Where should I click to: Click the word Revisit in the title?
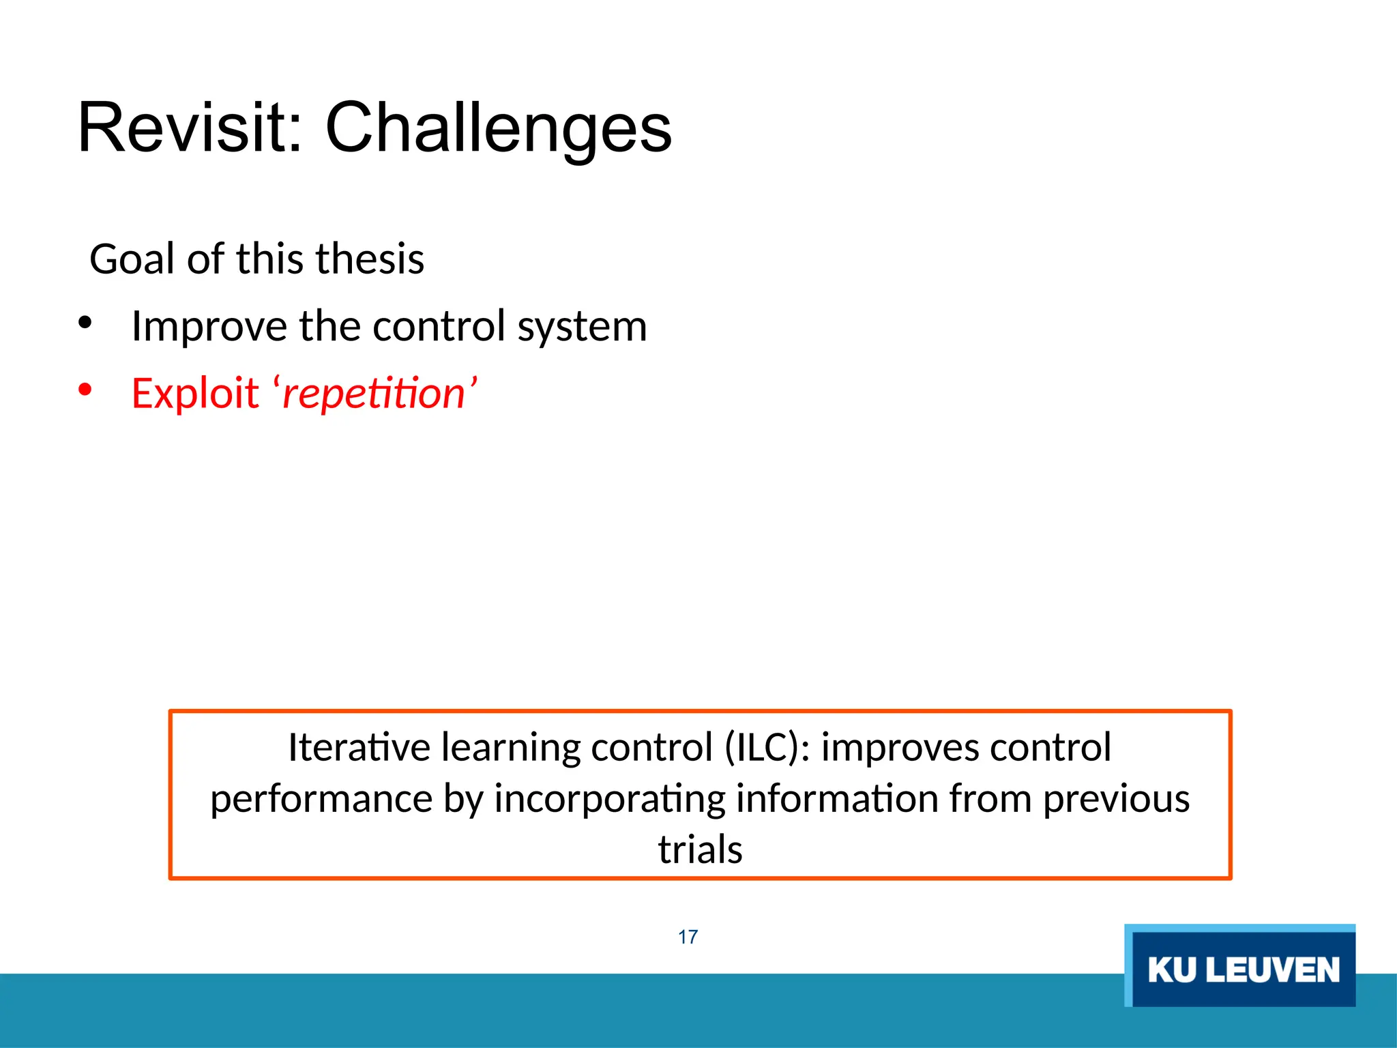190,128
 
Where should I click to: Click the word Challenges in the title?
499,128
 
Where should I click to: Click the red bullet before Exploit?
85,390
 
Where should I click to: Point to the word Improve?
209,326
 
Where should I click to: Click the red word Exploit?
194,393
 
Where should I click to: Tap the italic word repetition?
374,393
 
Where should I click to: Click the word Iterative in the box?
359,747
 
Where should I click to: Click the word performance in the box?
321,798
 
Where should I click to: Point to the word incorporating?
609,798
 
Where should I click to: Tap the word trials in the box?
700,849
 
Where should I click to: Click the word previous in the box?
1116,798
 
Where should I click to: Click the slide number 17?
688,937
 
